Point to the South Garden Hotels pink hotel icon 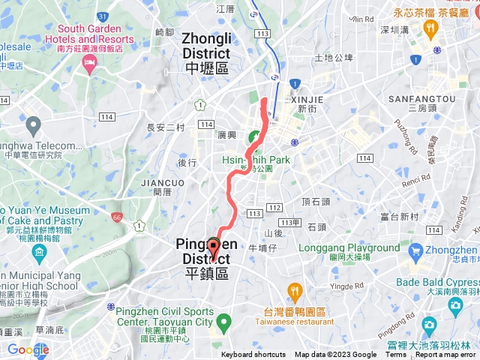[x=91, y=68]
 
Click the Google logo [x=28, y=349]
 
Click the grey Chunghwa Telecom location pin [x=32, y=123]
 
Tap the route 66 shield [x=117, y=217]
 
